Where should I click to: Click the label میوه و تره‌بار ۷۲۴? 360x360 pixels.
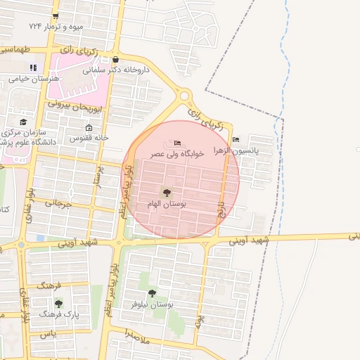click(x=56, y=26)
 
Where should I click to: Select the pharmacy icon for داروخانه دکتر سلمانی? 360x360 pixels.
click(x=115, y=60)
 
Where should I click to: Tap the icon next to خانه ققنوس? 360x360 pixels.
click(x=88, y=127)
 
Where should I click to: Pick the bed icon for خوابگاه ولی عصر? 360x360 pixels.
click(x=176, y=143)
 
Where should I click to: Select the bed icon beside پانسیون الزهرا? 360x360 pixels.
click(x=235, y=139)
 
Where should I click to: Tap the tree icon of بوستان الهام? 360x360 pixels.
click(x=167, y=193)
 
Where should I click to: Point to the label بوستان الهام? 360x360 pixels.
click(x=167, y=204)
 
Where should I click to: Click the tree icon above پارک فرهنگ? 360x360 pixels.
click(x=58, y=304)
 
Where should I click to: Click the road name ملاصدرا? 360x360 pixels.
click(x=136, y=337)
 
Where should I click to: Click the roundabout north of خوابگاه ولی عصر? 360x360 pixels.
click(x=184, y=95)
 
